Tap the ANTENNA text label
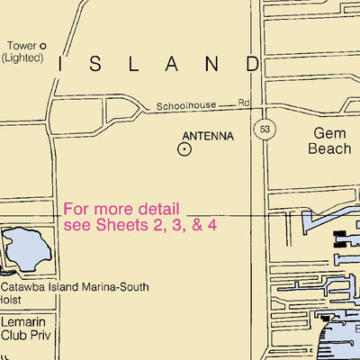(x=208, y=137)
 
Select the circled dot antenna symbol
(x=184, y=150)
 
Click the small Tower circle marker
(x=42, y=46)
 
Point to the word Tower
(x=21, y=46)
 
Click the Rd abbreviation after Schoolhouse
(x=244, y=104)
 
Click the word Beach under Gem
(x=330, y=148)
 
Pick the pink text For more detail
(x=121, y=208)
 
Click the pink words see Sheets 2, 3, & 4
(x=139, y=224)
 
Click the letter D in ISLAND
(x=251, y=64)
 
